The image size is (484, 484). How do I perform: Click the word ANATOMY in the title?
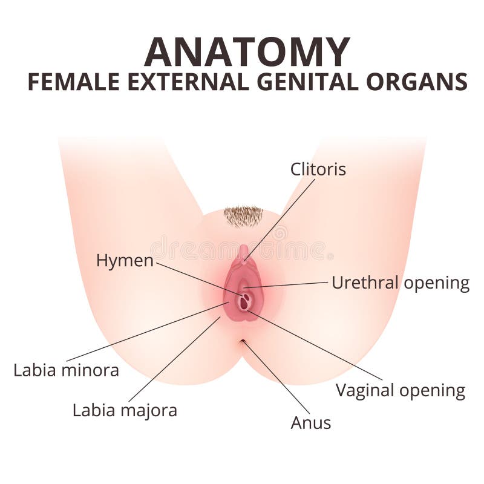pos(247,52)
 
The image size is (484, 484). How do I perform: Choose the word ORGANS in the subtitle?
pos(417,82)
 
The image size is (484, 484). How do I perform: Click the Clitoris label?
pos(318,169)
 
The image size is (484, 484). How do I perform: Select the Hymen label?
pos(125,261)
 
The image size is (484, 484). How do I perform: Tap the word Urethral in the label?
pos(365,283)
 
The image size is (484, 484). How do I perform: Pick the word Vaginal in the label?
pos(367,390)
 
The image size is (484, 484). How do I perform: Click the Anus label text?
pos(311,423)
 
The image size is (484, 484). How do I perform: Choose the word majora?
pos(149,411)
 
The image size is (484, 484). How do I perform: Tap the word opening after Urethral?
pos(437,283)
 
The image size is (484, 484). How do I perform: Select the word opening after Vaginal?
pos(433,391)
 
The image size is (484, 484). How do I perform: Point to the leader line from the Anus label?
pos(276,376)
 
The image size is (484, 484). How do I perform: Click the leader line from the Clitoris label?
pos(280,220)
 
